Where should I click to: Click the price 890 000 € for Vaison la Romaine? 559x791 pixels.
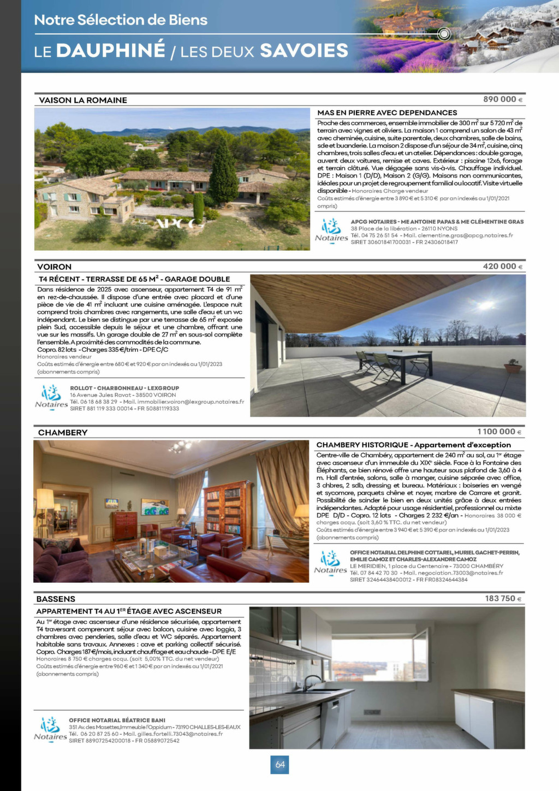(x=502, y=99)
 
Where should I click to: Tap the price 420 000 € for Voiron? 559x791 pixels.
(x=502, y=267)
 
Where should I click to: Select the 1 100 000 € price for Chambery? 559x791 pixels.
(x=499, y=432)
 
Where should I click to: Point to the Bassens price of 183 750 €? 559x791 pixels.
(x=503, y=599)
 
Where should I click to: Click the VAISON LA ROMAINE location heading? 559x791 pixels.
(x=83, y=101)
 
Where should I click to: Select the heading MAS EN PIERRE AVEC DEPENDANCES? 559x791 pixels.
(x=387, y=113)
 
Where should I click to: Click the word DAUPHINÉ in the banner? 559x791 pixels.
(x=111, y=51)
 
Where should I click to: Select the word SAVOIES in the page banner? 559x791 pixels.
(x=304, y=51)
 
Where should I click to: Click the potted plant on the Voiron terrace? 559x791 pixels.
(x=513, y=365)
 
